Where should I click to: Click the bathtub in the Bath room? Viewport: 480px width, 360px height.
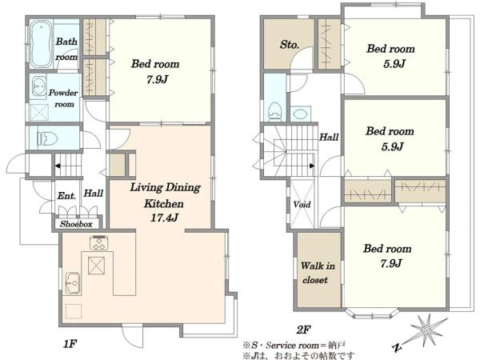(40, 44)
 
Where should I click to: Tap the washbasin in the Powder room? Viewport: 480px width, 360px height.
(38, 86)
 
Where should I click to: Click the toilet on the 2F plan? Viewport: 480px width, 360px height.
(274, 111)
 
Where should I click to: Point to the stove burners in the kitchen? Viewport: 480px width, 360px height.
(98, 242)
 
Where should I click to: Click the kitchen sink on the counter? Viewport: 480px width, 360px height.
(73, 283)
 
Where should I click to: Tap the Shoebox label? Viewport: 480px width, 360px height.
(76, 224)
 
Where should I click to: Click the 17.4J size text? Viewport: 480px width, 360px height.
(164, 218)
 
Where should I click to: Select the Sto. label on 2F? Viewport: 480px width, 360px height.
(290, 45)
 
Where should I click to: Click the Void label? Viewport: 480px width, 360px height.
(302, 204)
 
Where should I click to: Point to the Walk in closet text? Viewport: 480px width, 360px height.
(318, 273)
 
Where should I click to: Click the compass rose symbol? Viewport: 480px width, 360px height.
(426, 330)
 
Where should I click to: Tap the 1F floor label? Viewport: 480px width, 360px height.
(70, 344)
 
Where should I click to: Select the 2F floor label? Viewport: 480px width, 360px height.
(303, 330)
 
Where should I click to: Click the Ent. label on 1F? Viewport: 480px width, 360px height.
(66, 196)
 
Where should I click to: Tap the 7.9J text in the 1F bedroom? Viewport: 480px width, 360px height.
(157, 79)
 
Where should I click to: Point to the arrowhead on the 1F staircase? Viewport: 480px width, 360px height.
(58, 166)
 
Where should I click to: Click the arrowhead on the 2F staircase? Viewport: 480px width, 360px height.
(312, 166)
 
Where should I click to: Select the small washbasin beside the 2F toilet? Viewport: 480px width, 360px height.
(300, 114)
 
